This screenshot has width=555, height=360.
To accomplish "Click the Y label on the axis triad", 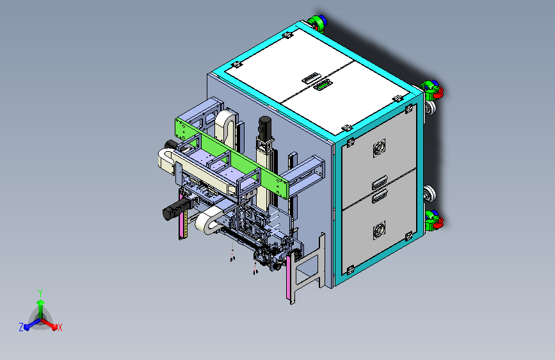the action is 40,293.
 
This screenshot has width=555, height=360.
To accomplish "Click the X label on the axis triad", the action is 60,328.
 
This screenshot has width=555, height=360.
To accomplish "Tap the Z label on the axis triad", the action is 21,327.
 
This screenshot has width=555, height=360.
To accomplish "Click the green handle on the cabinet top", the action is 322,85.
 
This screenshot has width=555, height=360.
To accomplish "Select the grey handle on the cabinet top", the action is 310,78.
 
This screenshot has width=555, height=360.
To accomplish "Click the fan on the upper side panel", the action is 379,147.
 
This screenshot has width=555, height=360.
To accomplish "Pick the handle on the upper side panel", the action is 380,183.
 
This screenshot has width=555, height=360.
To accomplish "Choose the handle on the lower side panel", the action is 380,196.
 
